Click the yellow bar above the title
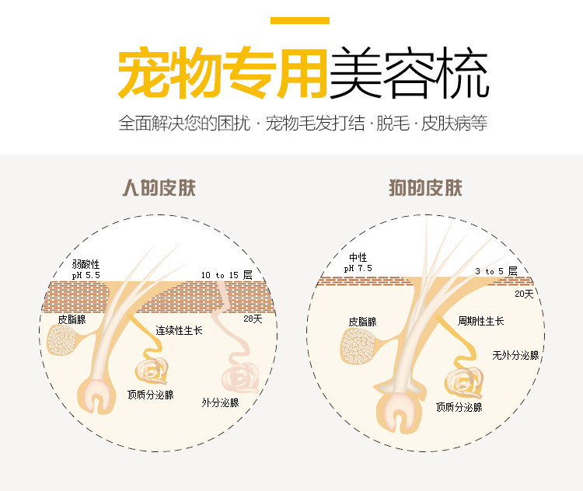click(x=299, y=21)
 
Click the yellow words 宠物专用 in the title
click(x=221, y=74)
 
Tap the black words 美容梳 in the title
click(x=408, y=74)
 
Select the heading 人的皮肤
click(x=159, y=188)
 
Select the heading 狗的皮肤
click(x=425, y=188)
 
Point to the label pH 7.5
click(x=358, y=268)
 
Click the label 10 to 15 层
click(x=226, y=275)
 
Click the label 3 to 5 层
click(x=494, y=271)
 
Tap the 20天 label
click(x=524, y=294)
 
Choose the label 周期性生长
click(x=480, y=321)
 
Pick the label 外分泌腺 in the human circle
click(x=220, y=402)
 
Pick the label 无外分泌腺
click(x=515, y=355)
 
